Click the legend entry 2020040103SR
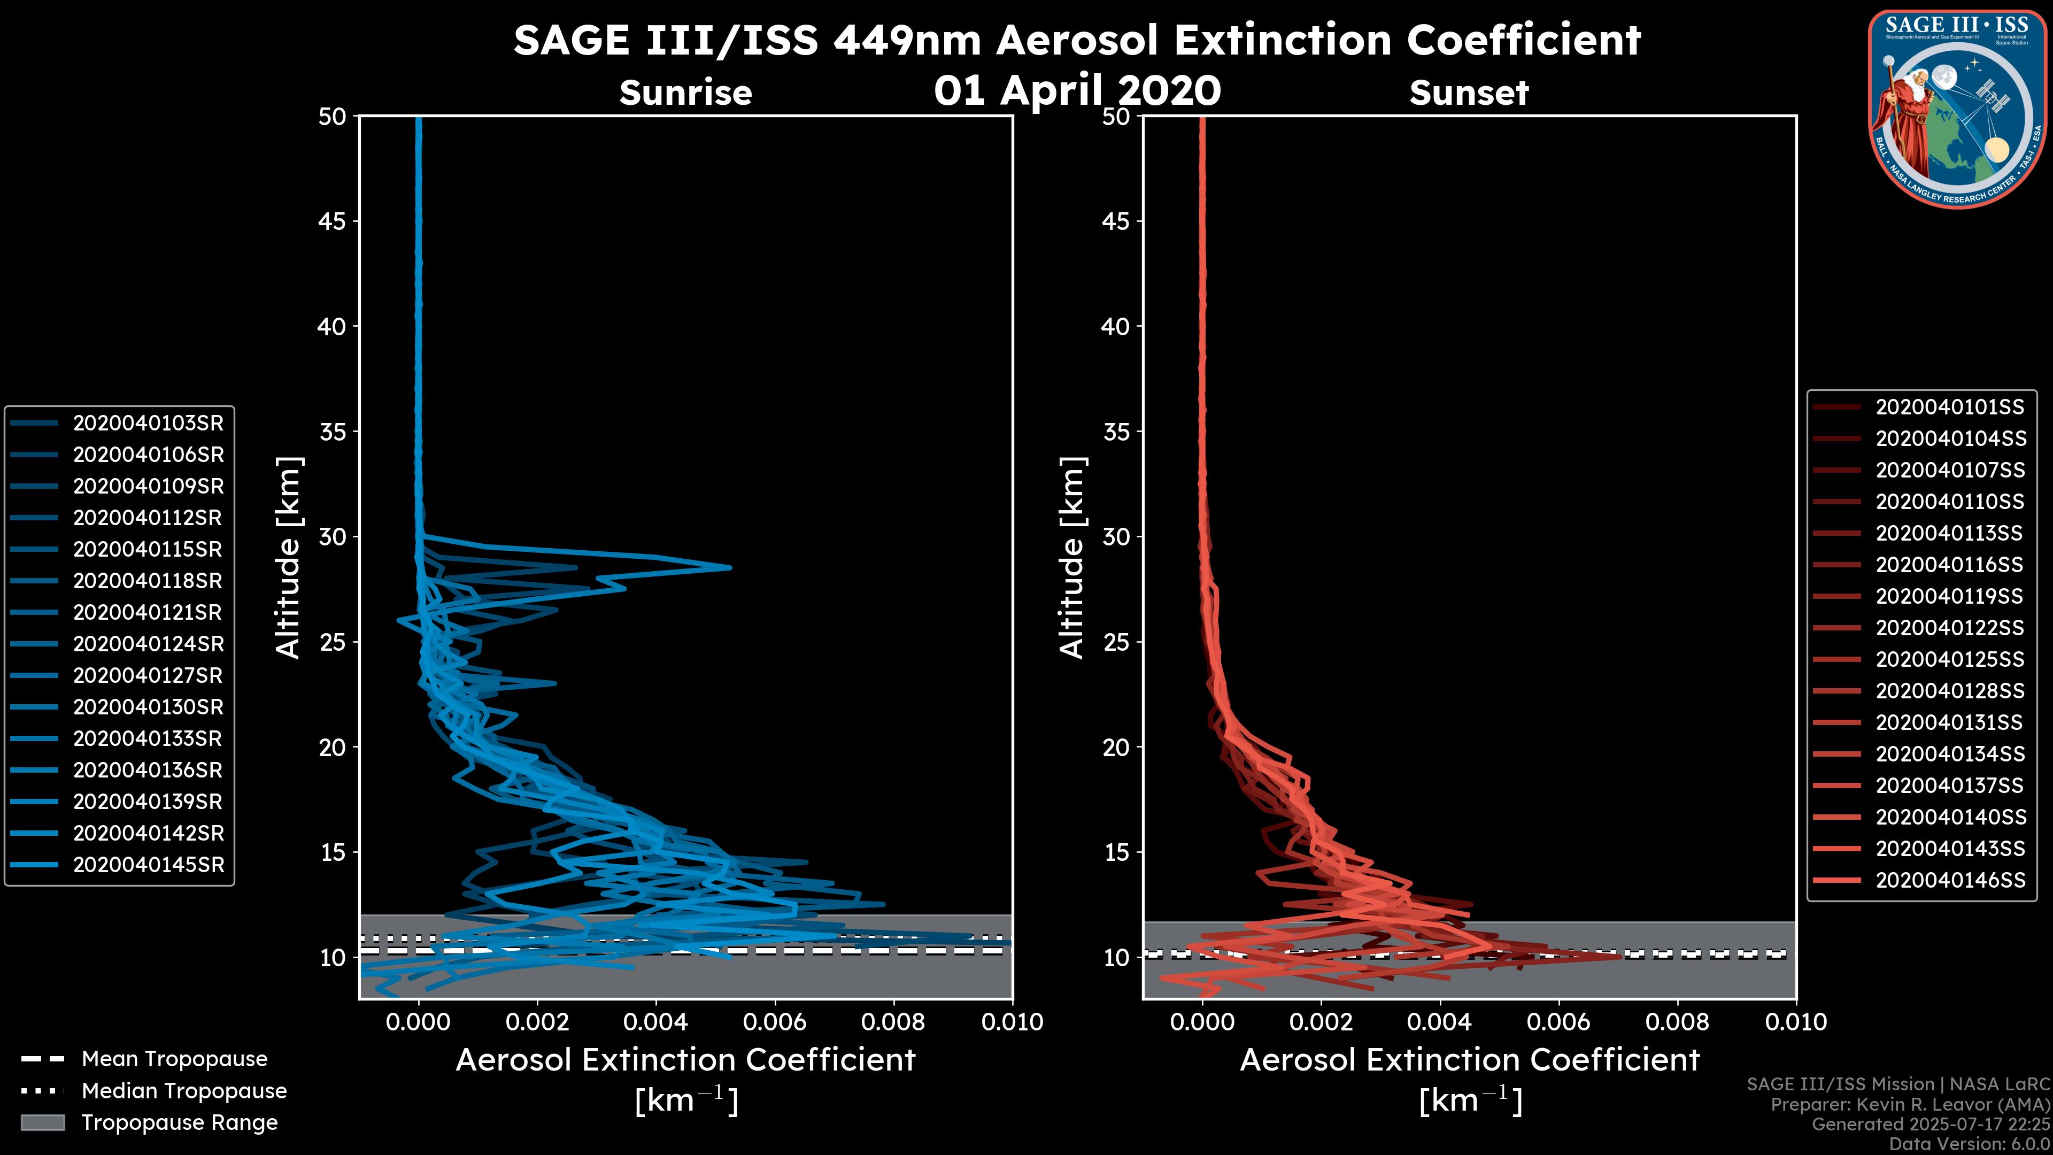pos(148,423)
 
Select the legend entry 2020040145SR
pos(148,865)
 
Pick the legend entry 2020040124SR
pos(148,644)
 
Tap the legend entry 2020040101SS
pos(1949,407)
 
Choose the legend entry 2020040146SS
pos(1949,880)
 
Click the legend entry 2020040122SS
pos(1949,628)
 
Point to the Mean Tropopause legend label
pos(174,1059)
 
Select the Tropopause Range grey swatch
pos(42,1122)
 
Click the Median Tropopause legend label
pos(184,1091)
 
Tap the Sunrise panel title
pos(685,93)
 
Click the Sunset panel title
pos(1469,93)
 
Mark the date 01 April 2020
pos(1077,90)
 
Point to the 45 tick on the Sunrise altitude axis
pos(333,221)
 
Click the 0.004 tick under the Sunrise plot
pos(655,1022)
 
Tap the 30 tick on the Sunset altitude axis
pos(1116,537)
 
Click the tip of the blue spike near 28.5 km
pos(729,567)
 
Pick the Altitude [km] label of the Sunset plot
pos(1072,558)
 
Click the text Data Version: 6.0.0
pos(1970,1145)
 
